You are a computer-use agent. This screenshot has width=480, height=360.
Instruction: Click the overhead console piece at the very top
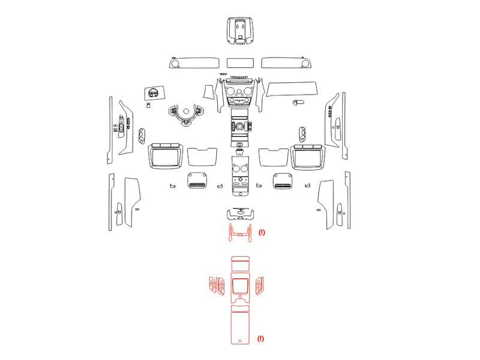[x=240, y=31]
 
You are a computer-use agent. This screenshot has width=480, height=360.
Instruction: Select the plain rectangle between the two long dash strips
[x=240, y=63]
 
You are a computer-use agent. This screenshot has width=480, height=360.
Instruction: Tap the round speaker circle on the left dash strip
[x=175, y=64]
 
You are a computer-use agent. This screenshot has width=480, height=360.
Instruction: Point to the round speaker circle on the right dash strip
[x=305, y=64]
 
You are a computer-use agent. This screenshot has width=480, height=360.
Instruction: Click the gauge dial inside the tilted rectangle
[x=153, y=92]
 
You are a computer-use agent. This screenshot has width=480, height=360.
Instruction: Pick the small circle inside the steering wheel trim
[x=186, y=112]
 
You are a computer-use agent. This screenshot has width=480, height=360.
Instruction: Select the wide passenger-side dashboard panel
[x=292, y=89]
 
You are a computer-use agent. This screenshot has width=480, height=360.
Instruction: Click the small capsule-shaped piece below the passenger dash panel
[x=299, y=102]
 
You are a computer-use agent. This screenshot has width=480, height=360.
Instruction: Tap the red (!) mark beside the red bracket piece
[x=262, y=232]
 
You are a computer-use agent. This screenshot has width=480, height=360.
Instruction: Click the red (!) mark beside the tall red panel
[x=260, y=338]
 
